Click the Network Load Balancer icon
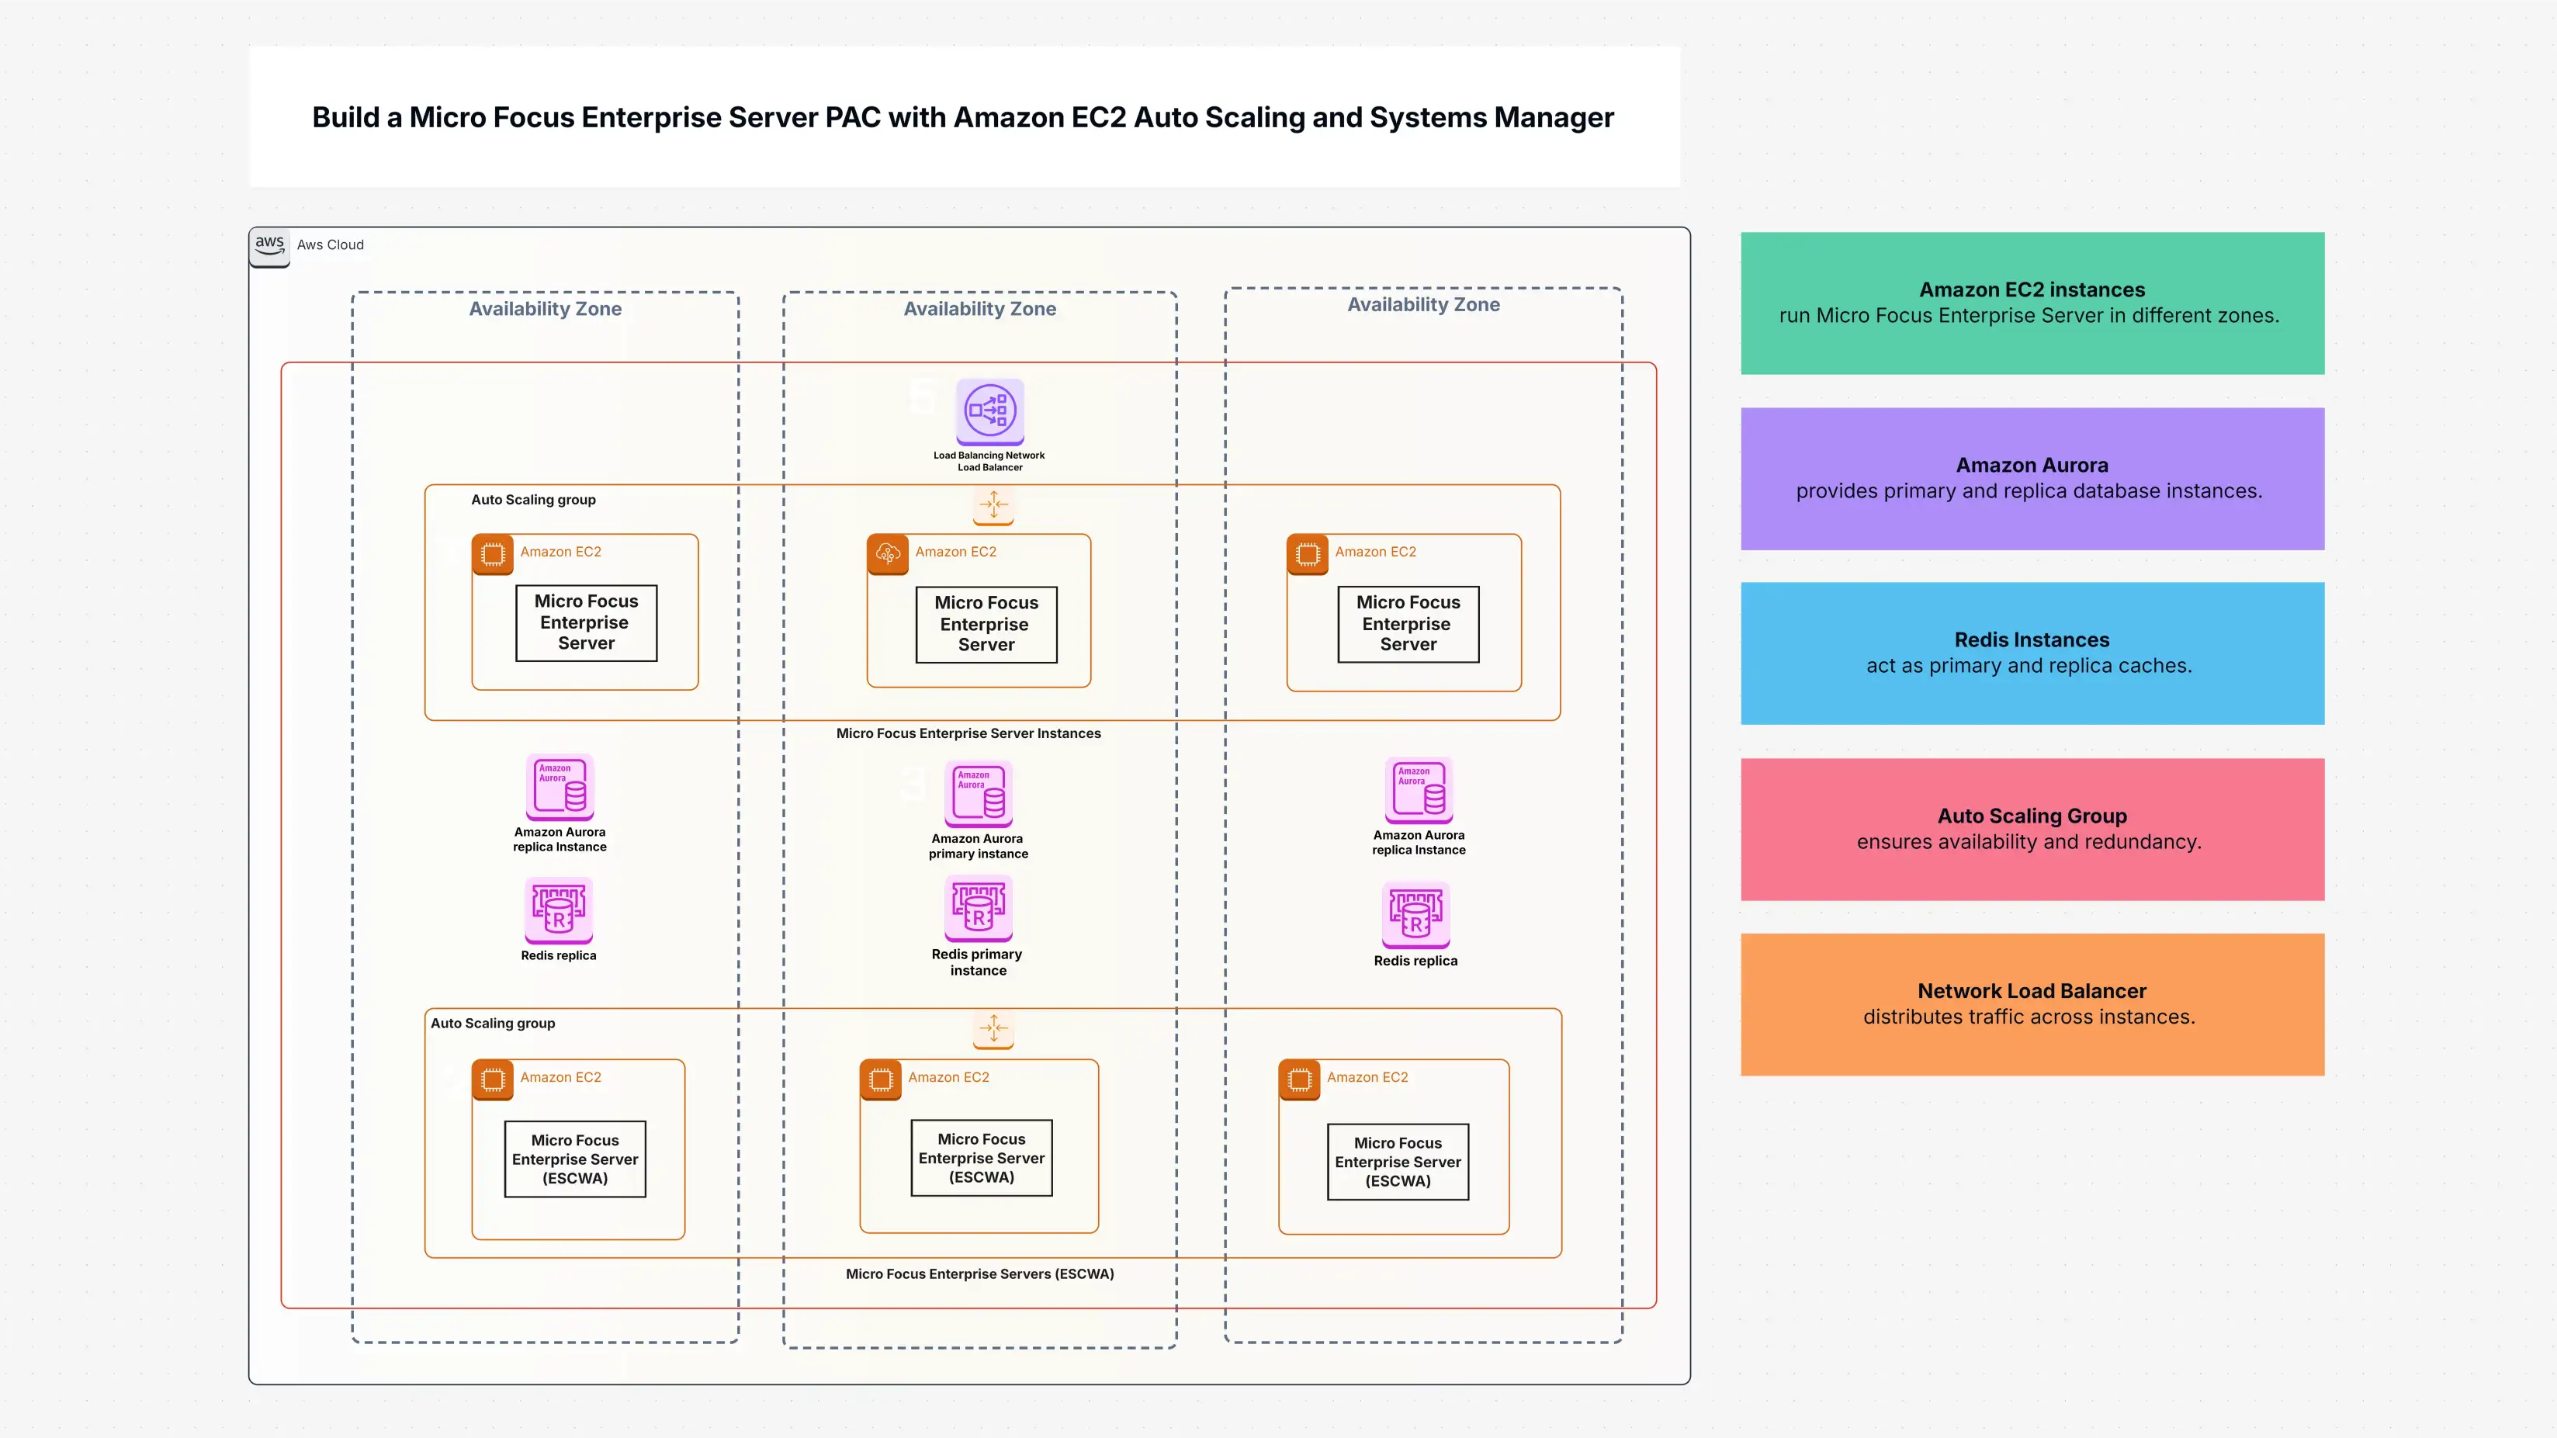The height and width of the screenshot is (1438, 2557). [x=989, y=410]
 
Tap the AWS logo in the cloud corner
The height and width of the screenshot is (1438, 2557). [x=269, y=245]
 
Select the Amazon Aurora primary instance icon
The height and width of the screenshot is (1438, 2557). [x=979, y=793]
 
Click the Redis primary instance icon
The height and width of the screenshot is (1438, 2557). [x=979, y=907]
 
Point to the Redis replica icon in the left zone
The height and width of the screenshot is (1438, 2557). [x=559, y=909]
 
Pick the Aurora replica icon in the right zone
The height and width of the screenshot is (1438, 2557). [x=1419, y=790]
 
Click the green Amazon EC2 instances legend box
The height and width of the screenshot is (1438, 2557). [x=2031, y=303]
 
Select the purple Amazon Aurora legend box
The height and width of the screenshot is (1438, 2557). [x=2031, y=478]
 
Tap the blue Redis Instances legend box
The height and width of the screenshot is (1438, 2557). [x=2031, y=653]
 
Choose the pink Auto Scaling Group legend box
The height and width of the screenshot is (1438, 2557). [x=2031, y=829]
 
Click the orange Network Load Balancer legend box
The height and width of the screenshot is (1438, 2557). [x=2031, y=1003]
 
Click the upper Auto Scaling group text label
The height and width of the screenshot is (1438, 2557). [x=533, y=499]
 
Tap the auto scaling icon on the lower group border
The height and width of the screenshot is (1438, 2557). [x=993, y=1029]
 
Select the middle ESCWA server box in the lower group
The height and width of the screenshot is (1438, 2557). [x=981, y=1158]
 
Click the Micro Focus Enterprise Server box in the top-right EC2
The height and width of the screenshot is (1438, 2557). [x=1408, y=623]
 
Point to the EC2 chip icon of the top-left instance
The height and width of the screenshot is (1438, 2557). [x=492, y=554]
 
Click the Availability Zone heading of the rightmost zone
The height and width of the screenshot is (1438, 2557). [x=1422, y=305]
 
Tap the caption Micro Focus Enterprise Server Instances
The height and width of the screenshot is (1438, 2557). [x=968, y=733]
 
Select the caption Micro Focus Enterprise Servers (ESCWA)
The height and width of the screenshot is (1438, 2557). [x=979, y=1273]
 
